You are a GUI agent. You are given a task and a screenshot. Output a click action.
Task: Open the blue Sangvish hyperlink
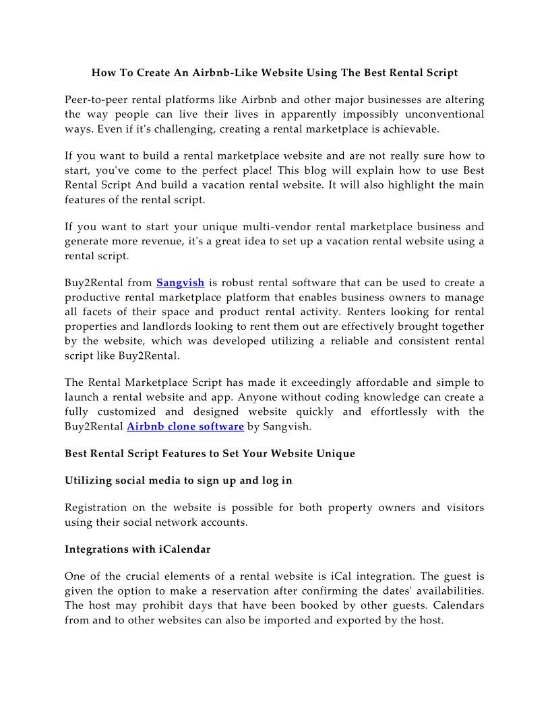[x=180, y=283]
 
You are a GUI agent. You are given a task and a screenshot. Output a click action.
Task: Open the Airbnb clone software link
[x=185, y=426]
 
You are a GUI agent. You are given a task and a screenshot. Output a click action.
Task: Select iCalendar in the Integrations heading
[x=185, y=549]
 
